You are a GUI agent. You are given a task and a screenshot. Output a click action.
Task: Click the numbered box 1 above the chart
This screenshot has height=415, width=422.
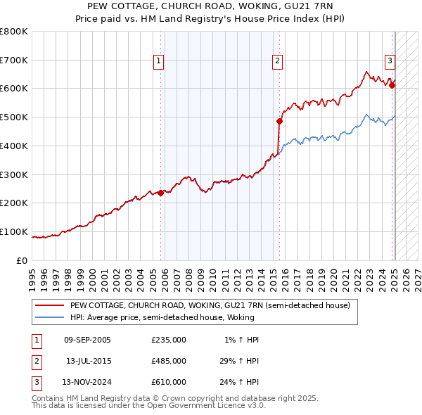point(159,62)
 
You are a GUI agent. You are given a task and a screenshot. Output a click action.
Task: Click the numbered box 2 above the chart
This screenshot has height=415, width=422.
point(278,62)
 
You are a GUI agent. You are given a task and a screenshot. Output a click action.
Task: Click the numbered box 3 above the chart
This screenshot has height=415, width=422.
point(390,62)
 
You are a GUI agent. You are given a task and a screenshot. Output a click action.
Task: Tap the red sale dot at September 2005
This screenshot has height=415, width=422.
point(161,193)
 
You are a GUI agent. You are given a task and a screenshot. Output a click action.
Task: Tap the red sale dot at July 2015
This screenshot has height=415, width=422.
point(280,121)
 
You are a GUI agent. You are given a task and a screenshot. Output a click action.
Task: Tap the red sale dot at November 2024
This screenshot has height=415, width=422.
point(392,85)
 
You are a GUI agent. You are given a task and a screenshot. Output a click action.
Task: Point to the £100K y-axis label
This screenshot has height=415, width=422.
point(14,231)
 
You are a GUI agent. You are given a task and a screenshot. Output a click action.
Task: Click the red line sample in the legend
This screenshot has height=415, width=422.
point(49,305)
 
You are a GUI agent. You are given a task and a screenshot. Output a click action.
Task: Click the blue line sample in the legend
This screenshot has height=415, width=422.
point(49,317)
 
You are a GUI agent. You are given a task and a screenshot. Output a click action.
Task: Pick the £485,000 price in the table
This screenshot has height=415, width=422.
point(169,361)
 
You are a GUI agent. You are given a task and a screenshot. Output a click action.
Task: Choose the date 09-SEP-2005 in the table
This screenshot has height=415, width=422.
point(87,340)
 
